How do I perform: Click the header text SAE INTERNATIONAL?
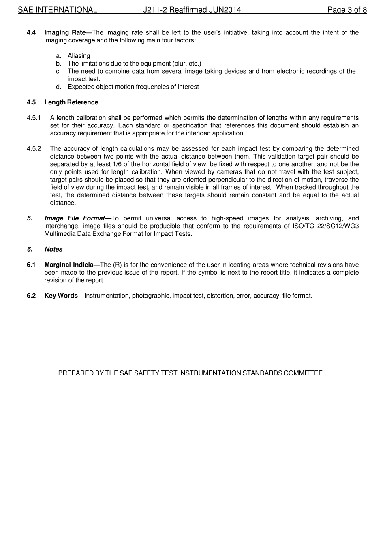[x=57, y=10]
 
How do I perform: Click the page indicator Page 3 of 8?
[x=347, y=10]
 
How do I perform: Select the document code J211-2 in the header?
[x=155, y=10]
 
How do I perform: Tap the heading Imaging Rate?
[x=65, y=32]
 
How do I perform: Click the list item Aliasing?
[x=79, y=56]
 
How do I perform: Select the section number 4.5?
[x=31, y=102]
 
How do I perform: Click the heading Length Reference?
[x=71, y=102]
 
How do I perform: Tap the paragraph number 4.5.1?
[x=34, y=118]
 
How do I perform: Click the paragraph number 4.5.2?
[x=34, y=149]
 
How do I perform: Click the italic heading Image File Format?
[x=75, y=218]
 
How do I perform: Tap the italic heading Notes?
[x=53, y=250]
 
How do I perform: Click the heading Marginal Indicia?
[x=69, y=265]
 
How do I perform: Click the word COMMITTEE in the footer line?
[x=303, y=373]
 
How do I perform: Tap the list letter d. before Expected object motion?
[x=59, y=87]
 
